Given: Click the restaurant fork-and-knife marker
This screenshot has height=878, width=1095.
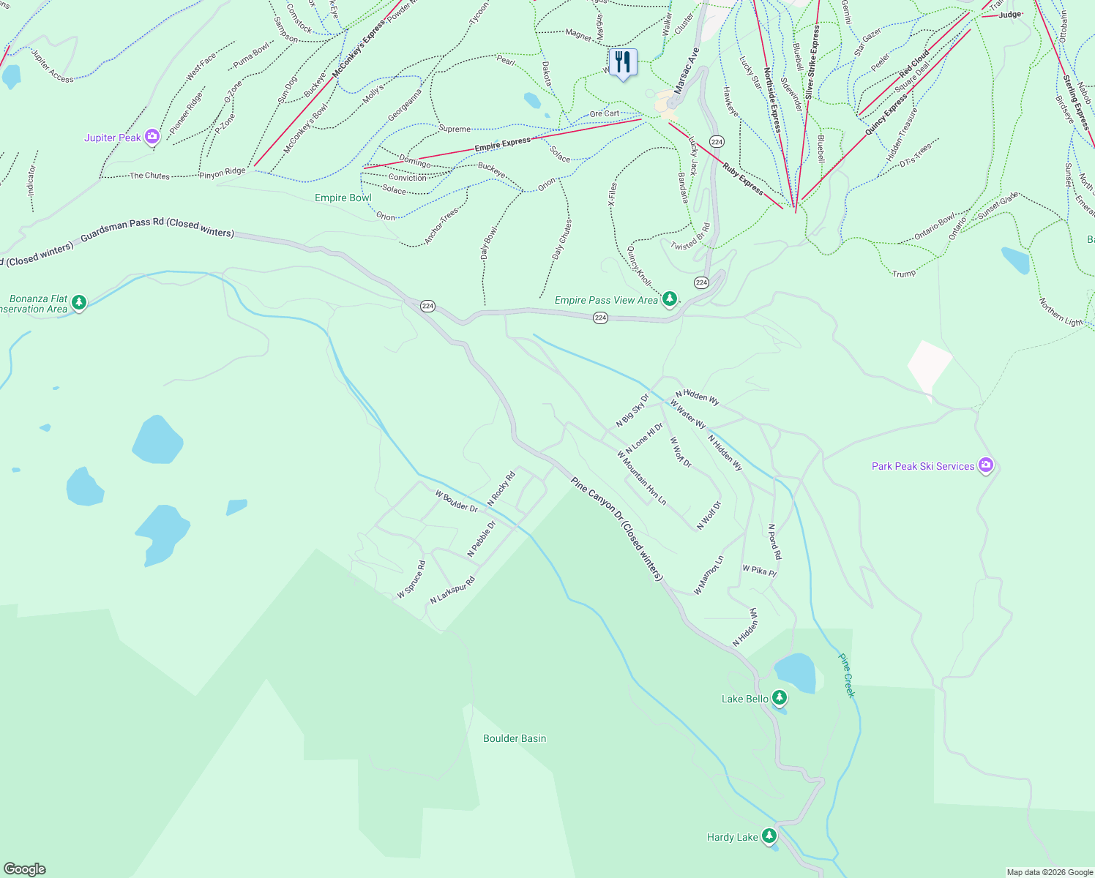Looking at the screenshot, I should (623, 63).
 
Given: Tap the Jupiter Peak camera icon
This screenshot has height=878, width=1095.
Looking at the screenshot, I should (152, 137).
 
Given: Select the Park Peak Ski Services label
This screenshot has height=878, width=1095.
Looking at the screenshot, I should (923, 466).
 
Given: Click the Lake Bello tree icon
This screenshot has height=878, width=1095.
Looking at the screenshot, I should (780, 698).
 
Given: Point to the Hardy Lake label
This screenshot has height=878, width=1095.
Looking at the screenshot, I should (732, 837).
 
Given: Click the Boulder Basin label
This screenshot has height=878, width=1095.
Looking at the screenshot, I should (515, 738).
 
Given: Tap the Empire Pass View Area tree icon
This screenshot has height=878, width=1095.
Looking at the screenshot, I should (669, 299).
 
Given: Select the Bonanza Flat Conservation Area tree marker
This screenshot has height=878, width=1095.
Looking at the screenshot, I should (79, 302).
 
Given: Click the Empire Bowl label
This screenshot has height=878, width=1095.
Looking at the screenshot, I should (343, 198).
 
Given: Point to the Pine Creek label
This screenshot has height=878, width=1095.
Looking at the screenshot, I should (846, 675).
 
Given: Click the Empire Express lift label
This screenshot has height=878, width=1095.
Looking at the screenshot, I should (502, 143).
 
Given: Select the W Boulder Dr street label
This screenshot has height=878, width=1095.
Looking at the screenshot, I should (456, 501).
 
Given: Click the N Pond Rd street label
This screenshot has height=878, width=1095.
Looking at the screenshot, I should (774, 541).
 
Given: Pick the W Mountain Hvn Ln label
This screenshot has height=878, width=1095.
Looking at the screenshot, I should (642, 478).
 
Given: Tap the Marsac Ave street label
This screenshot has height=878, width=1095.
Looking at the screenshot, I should (687, 72).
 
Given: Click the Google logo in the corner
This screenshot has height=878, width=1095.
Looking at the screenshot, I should (25, 868).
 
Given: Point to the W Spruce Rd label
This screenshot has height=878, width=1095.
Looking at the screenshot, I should (411, 579).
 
